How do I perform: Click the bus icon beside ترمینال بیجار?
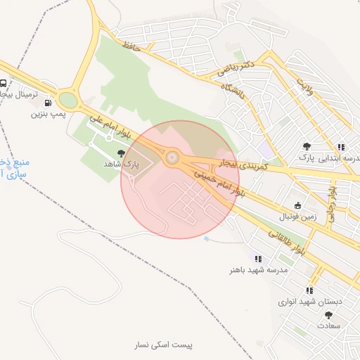[4, 82]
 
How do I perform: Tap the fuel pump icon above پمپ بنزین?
[48, 102]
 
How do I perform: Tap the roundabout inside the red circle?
[171, 156]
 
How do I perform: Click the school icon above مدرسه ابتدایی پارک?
[341, 147]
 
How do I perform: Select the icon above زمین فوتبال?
[297, 206]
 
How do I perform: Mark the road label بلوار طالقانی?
[288, 240]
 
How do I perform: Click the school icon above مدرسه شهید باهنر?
[258, 259]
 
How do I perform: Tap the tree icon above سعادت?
[328, 316]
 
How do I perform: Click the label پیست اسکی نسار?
[165, 345]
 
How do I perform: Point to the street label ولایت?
[304, 86]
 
